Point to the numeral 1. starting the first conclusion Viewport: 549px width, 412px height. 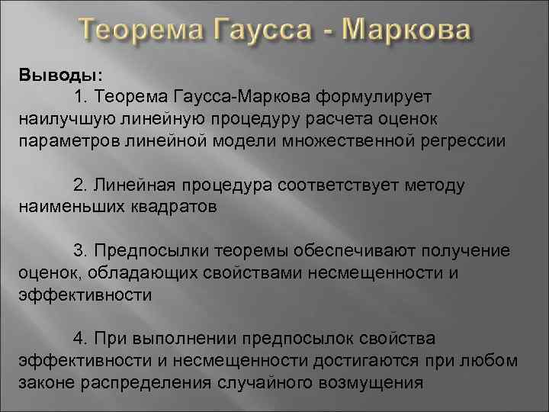pyautogui.click(x=82, y=98)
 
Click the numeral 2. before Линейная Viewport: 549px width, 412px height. pyautogui.click(x=82, y=185)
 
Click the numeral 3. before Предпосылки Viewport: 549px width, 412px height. pyautogui.click(x=82, y=251)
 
